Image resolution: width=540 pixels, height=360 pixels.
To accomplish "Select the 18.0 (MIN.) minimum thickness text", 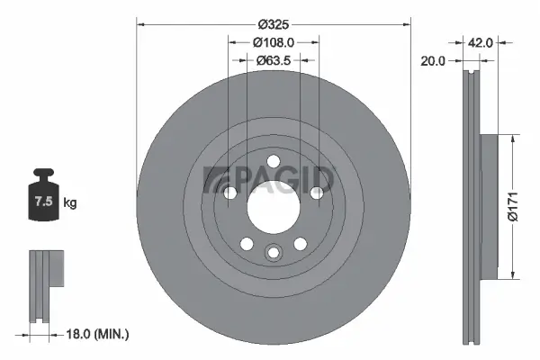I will (x=99, y=335).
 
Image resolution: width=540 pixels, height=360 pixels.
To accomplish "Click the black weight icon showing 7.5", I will (x=41, y=197).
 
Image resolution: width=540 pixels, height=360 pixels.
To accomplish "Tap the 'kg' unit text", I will (x=70, y=203).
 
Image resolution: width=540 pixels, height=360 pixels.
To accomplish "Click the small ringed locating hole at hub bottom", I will (x=273, y=253).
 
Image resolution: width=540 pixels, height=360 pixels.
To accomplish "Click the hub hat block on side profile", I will (x=490, y=207).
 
